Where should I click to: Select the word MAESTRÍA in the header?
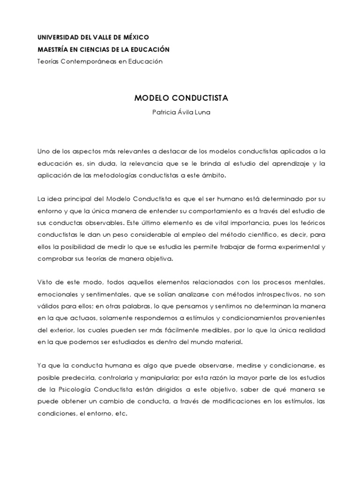click(x=52, y=49)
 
